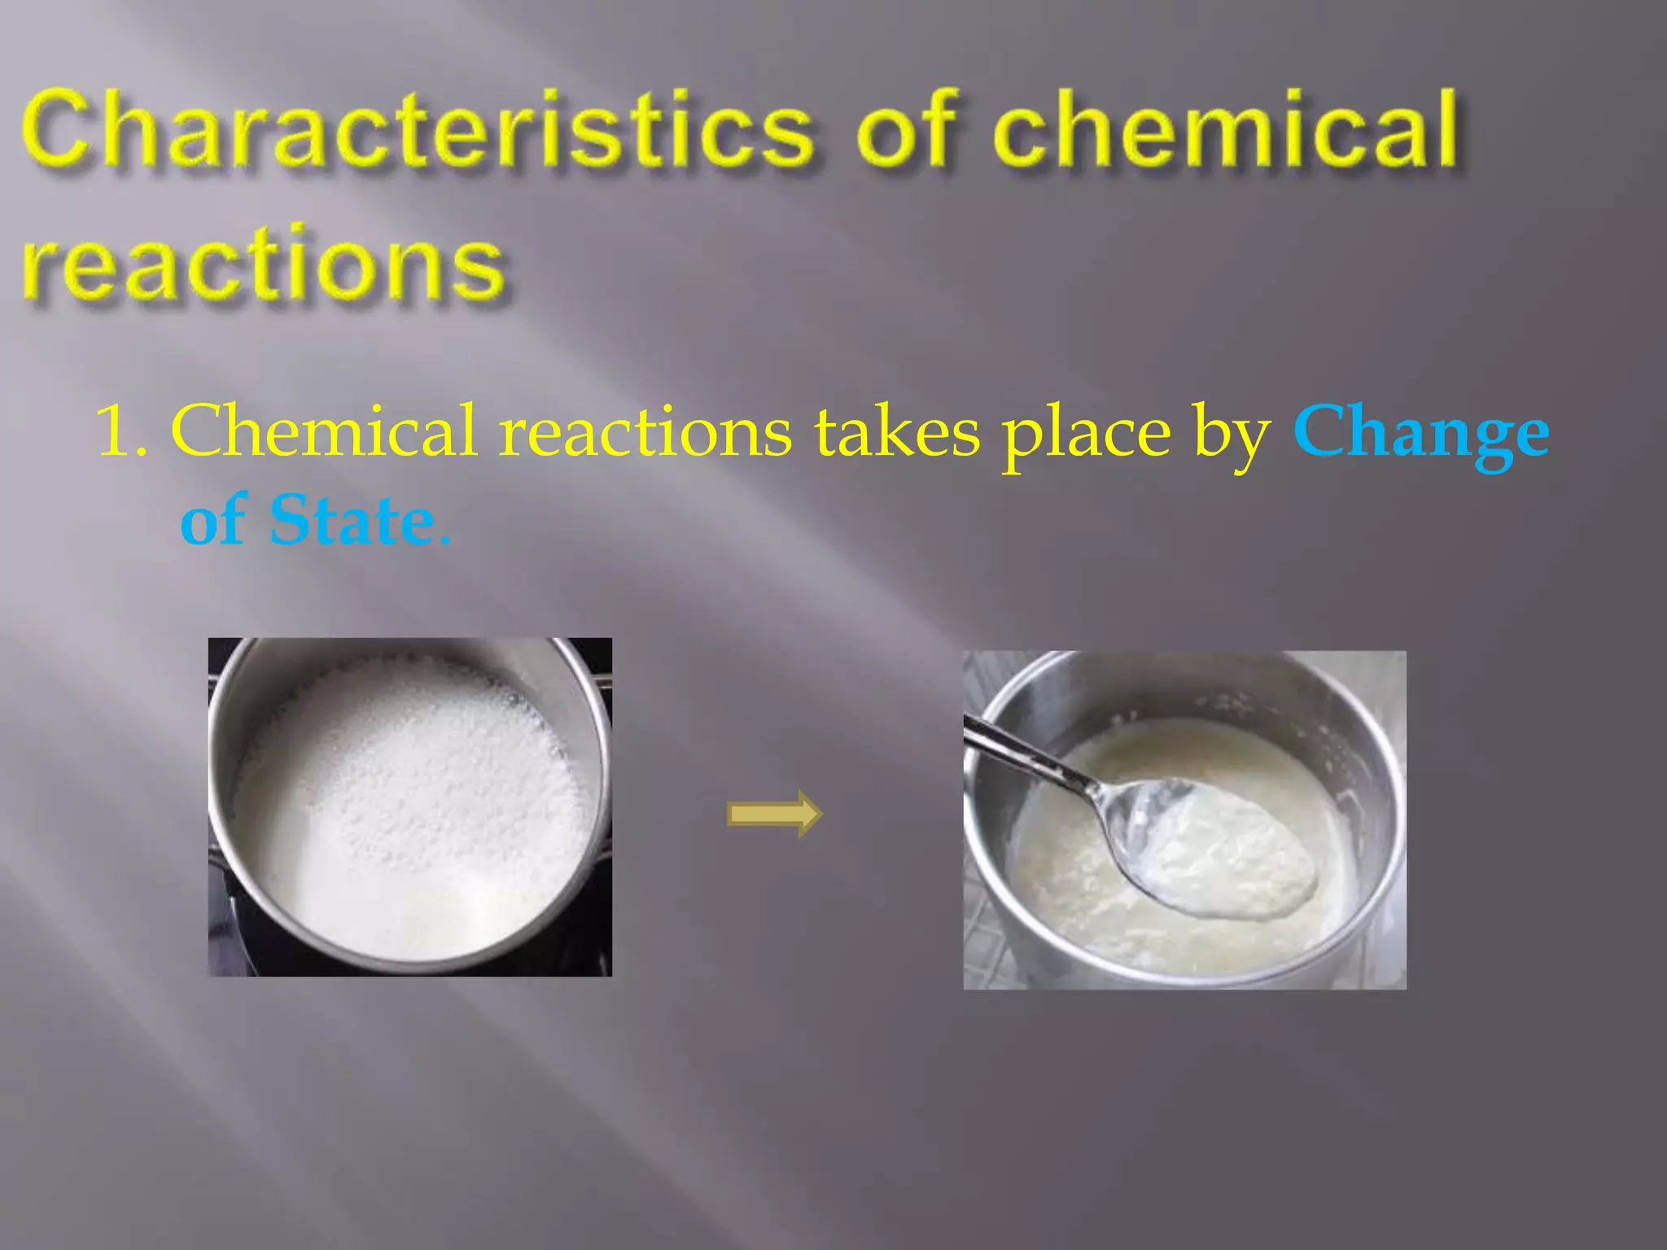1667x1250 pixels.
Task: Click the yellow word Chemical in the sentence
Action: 323,431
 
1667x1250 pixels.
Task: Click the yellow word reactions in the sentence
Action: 645,431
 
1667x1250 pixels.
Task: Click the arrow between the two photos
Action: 774,813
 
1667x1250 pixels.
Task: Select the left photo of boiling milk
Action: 409,806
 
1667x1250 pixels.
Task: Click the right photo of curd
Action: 1184,819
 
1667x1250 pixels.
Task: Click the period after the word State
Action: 444,539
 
